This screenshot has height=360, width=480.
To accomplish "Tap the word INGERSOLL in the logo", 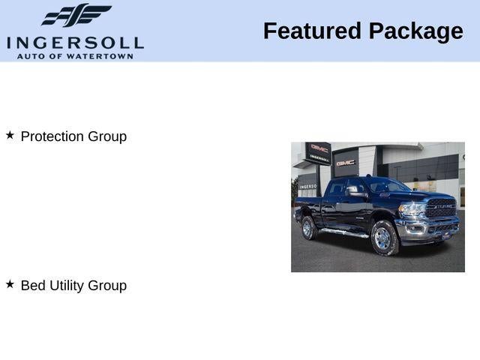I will [x=75, y=42].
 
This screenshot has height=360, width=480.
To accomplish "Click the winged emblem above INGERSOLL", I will [x=76, y=16].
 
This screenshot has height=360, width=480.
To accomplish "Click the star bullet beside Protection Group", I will [x=10, y=135].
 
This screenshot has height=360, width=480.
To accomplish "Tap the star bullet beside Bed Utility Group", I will [x=10, y=284].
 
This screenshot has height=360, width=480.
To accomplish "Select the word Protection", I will [x=52, y=136].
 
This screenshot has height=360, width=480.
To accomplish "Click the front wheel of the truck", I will [x=385, y=238].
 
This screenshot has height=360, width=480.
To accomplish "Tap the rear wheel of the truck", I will [x=308, y=227].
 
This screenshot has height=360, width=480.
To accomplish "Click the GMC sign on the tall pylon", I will [x=319, y=148].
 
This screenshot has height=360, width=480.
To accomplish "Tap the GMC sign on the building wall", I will [x=346, y=162].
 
